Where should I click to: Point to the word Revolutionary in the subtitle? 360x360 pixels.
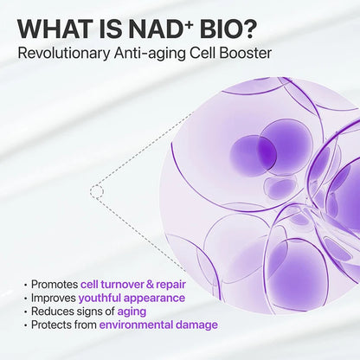(x=67, y=55)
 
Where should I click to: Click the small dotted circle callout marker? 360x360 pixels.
(x=97, y=190)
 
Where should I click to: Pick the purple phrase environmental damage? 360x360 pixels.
(x=157, y=325)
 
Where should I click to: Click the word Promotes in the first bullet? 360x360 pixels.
(x=54, y=283)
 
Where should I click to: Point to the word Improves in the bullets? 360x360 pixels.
(x=54, y=297)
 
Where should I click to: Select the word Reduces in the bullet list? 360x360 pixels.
(x=53, y=311)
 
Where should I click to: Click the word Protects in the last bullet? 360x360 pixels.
(x=53, y=325)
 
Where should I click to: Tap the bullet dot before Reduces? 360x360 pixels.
(x=25, y=311)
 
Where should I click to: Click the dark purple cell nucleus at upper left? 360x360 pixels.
(x=254, y=153)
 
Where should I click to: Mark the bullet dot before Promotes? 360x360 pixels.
(x=25, y=283)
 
